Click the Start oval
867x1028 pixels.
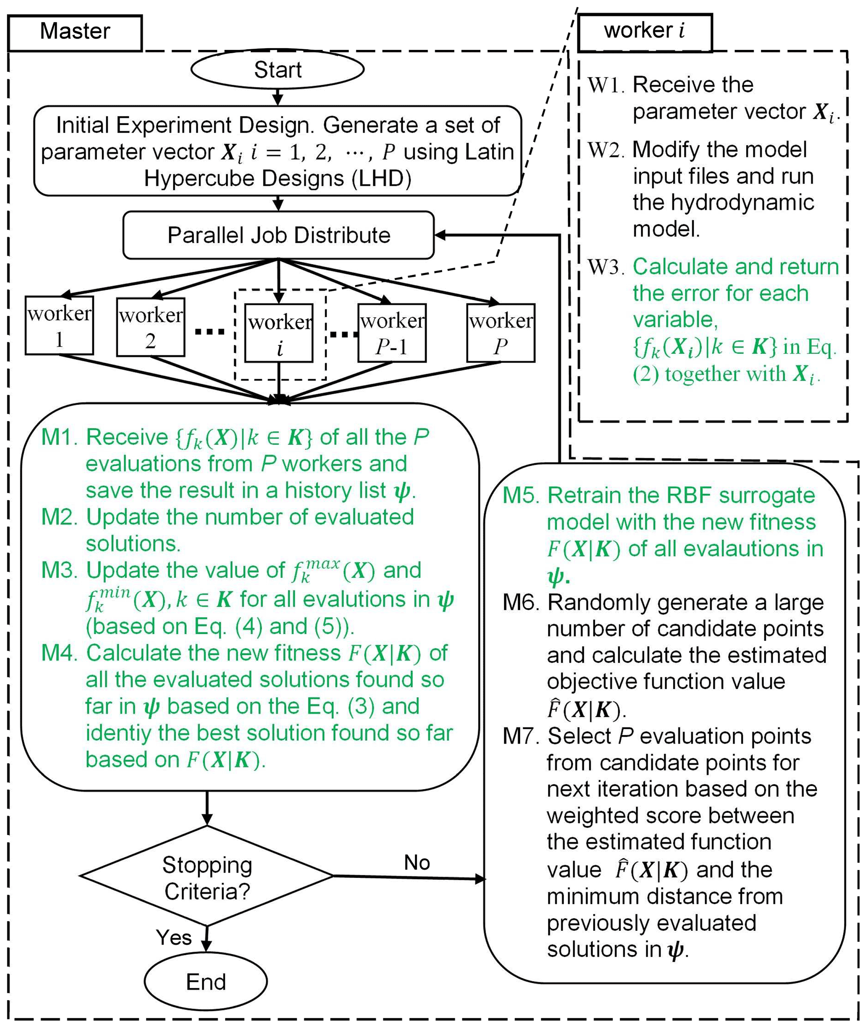pyautogui.click(x=277, y=70)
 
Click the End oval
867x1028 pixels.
pyautogui.click(x=206, y=981)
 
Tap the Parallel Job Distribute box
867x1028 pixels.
pyautogui.click(x=278, y=235)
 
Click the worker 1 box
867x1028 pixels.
pyautogui.click(x=60, y=325)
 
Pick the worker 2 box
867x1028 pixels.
pyautogui.click(x=151, y=327)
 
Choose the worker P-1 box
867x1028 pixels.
pyautogui.click(x=392, y=333)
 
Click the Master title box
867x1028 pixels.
pyautogui.click(x=75, y=32)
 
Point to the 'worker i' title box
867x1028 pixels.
pyautogui.click(x=644, y=31)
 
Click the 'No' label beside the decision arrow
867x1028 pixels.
pyautogui.click(x=417, y=862)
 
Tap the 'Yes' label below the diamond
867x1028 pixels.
pyautogui.click(x=174, y=937)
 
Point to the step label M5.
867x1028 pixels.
pyautogui.click(x=521, y=495)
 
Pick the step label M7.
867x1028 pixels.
pyautogui.click(x=521, y=736)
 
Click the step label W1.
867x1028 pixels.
pyautogui.click(x=606, y=85)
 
